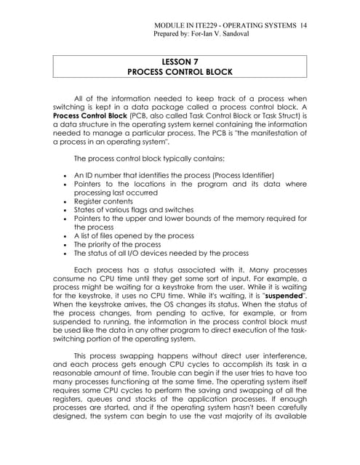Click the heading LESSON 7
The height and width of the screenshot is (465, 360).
pyautogui.click(x=180, y=62)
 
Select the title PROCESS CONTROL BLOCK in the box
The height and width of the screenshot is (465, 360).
pyautogui.click(x=180, y=73)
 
